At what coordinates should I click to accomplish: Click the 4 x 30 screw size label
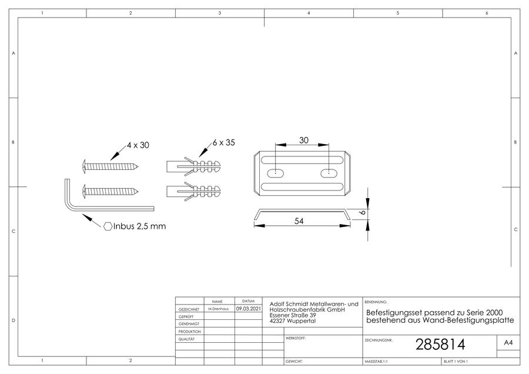pos(138,145)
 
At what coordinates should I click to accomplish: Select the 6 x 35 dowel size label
pos(224,142)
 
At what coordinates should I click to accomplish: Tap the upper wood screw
pos(111,166)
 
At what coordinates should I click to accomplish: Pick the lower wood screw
pos(111,191)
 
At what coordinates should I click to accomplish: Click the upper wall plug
pos(193,166)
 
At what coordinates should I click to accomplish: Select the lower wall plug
pos(193,191)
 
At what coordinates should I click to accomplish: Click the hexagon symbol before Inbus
pos(108,226)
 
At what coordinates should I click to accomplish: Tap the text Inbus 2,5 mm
pos(140,226)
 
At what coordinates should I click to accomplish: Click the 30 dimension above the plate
pos(304,140)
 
